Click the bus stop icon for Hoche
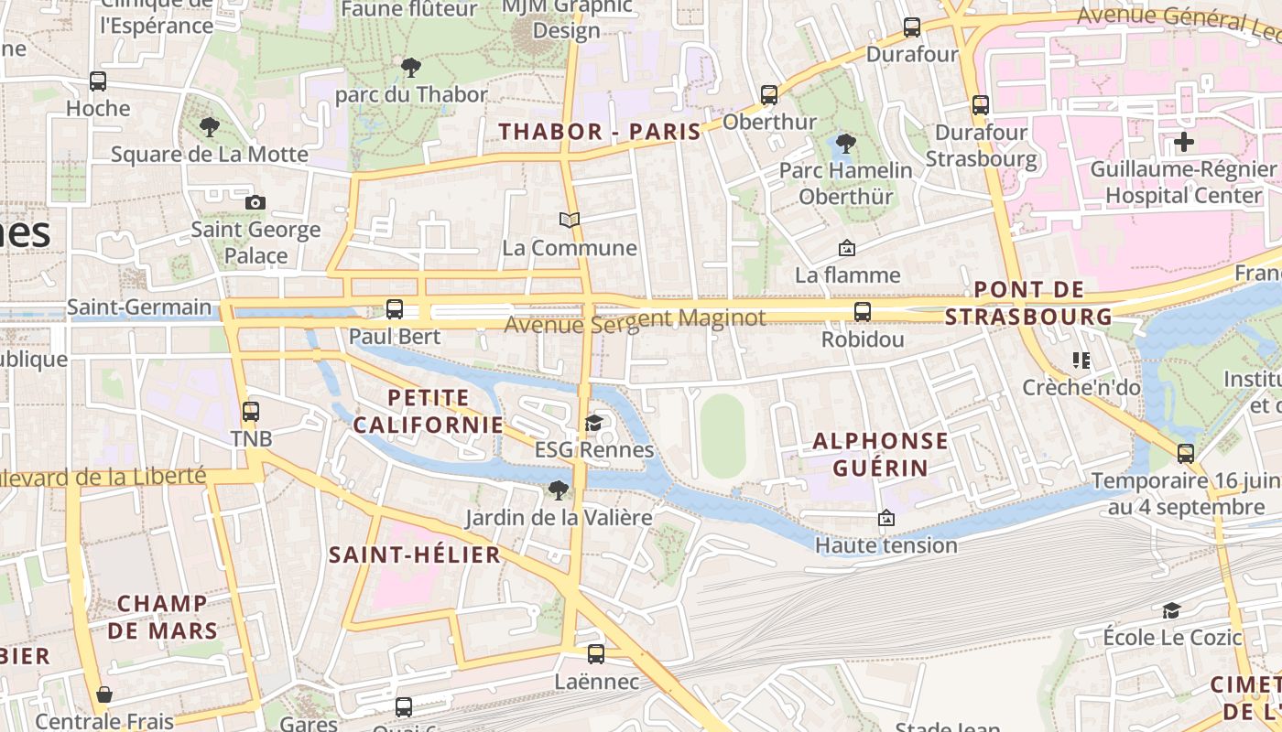pos(98,81)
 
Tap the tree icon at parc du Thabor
pos(411,67)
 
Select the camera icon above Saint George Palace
pos(255,202)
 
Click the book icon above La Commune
pos(570,221)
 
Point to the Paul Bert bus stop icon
pos(395,309)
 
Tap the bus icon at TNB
pos(251,412)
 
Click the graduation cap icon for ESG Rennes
pos(594,423)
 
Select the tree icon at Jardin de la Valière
pos(558,490)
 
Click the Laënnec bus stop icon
pos(596,654)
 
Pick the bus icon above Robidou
pos(863,312)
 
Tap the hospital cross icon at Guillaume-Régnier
pos(1184,142)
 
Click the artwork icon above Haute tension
pos(885,519)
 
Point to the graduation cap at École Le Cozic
pos(1171,610)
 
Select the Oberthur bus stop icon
pos(769,94)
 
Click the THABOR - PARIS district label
pos(600,132)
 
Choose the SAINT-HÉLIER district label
pos(415,554)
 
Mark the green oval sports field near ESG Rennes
pos(723,436)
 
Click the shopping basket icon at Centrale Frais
pos(104,694)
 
